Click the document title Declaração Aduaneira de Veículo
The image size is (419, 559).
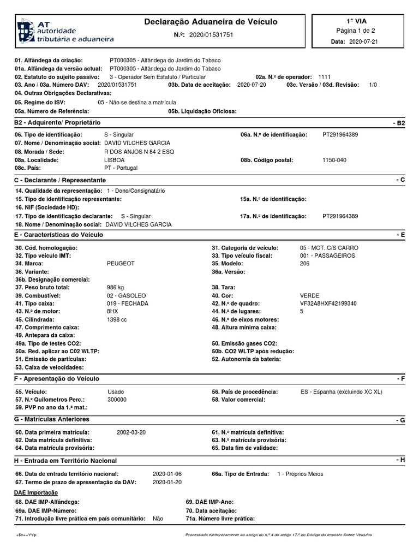211,22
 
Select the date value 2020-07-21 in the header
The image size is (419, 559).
363,41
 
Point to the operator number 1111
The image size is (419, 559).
324,77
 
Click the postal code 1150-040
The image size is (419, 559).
334,160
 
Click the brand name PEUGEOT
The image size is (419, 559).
121,263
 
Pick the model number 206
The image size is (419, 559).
304,263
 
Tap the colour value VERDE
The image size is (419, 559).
309,295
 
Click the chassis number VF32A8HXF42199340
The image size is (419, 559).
328,304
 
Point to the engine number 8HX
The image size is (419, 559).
112,311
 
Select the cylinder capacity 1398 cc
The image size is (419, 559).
117,319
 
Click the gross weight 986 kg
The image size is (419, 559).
115,287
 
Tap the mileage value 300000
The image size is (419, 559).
117,400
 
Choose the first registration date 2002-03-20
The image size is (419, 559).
131,432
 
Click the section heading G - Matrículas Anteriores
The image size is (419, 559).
52,419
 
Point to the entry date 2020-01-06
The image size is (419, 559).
167,474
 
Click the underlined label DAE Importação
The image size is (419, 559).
32,492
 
